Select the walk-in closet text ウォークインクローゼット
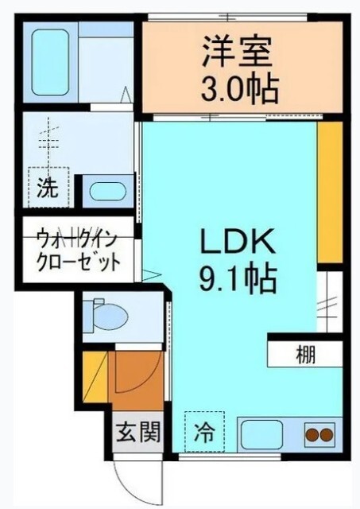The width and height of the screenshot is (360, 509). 77,249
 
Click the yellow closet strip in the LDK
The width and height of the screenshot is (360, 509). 329,191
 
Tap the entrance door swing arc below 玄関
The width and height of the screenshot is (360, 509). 129,481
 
